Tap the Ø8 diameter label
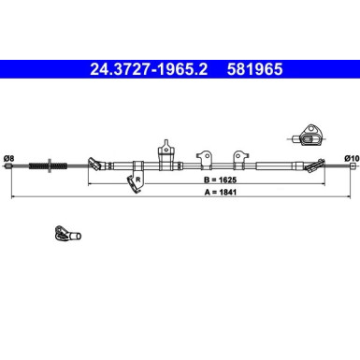(x=8, y=158)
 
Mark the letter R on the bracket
(x=137, y=179)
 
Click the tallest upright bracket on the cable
(x=166, y=151)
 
